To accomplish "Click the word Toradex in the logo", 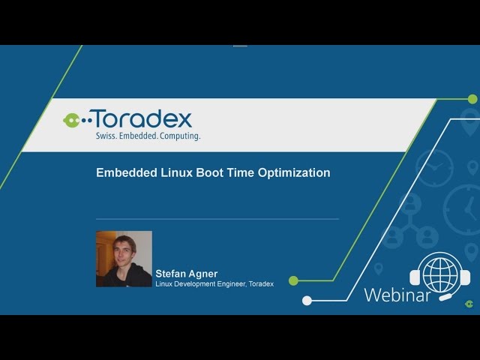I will pyautogui.click(x=142, y=118).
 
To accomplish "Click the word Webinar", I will pyautogui.click(x=397, y=295).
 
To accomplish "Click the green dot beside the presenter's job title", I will pyautogui.click(x=293, y=281).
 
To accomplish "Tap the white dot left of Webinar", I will pyautogui.click(x=307, y=300).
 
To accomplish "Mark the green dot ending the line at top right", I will pyautogui.click(x=472, y=98).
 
